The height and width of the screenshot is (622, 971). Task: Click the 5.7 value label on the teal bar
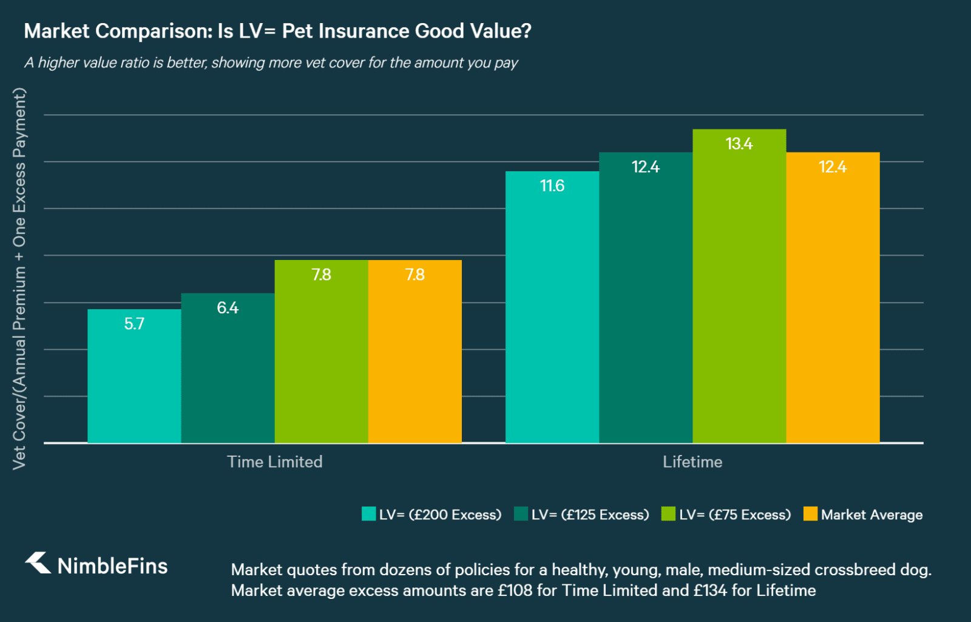point(134,324)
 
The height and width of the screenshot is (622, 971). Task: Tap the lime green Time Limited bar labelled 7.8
point(321,358)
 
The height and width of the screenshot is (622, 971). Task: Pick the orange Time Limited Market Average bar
point(414,358)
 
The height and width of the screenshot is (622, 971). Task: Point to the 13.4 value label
point(739,144)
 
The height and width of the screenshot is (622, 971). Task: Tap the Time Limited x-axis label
point(274,462)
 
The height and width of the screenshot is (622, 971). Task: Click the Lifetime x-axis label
point(692,462)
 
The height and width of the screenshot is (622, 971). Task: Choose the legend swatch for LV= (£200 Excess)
point(368,514)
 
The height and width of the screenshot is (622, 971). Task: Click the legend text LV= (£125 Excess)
point(590,514)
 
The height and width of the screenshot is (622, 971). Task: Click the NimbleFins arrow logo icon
point(38,562)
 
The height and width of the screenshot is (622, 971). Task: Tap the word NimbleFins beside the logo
point(112,566)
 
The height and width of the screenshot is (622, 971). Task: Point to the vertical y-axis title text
point(19,278)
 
